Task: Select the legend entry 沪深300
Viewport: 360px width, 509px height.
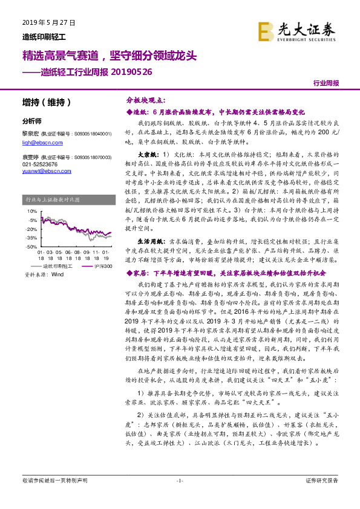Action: (97, 265)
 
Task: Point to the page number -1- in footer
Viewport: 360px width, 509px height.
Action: (180, 481)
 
